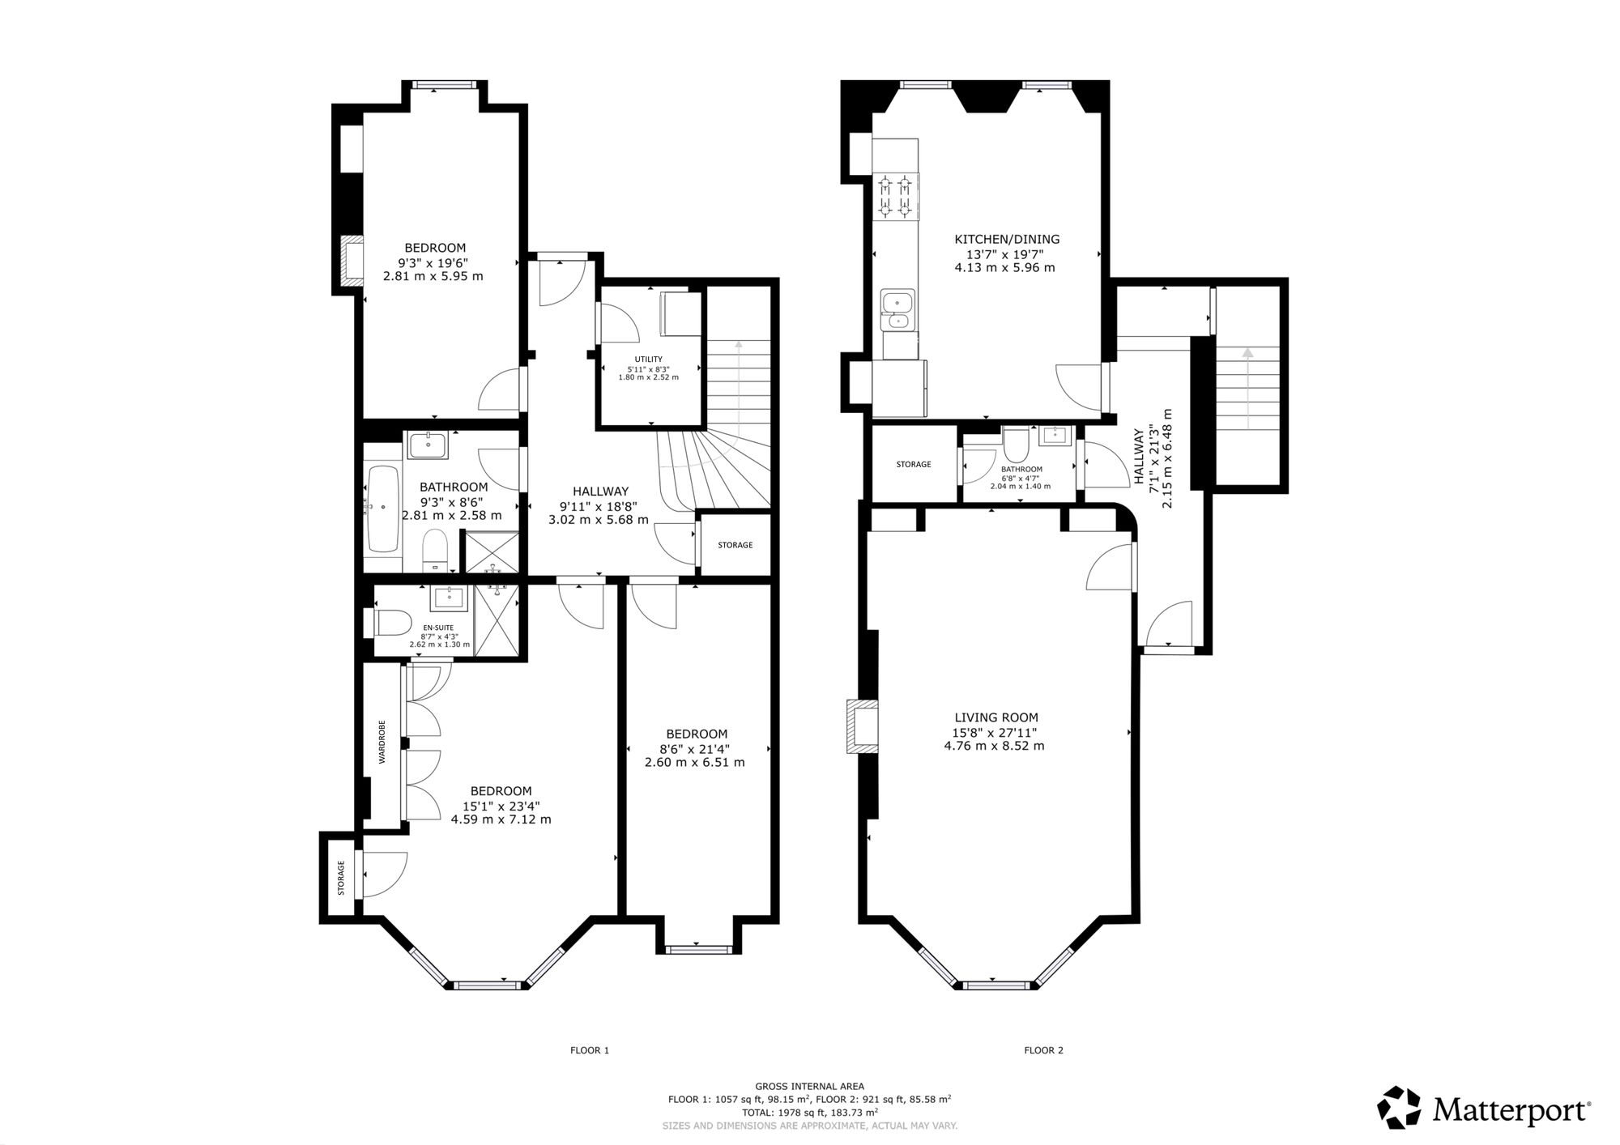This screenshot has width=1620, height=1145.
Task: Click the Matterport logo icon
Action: coord(1400,1108)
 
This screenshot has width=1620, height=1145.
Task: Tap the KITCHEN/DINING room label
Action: coord(1007,240)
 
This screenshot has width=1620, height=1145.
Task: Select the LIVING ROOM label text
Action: coord(996,717)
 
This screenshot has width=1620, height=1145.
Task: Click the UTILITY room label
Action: coord(649,360)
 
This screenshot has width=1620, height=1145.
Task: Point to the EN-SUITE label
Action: coord(439,628)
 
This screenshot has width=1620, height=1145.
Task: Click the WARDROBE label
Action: coord(382,742)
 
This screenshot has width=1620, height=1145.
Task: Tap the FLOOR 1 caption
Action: coord(590,1050)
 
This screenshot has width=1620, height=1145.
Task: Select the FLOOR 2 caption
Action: coord(1044,1050)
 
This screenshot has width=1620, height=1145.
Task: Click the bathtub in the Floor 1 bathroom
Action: coord(382,508)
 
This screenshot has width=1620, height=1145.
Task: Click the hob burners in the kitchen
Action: coord(896,197)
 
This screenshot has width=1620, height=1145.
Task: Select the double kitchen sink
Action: coord(897,312)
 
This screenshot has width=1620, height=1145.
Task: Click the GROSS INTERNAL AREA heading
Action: coord(809,1087)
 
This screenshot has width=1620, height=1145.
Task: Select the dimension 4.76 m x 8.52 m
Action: coord(995,746)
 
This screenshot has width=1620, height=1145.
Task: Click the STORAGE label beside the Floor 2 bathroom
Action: coord(914,465)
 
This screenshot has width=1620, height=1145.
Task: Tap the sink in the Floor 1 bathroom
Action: coord(426,445)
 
